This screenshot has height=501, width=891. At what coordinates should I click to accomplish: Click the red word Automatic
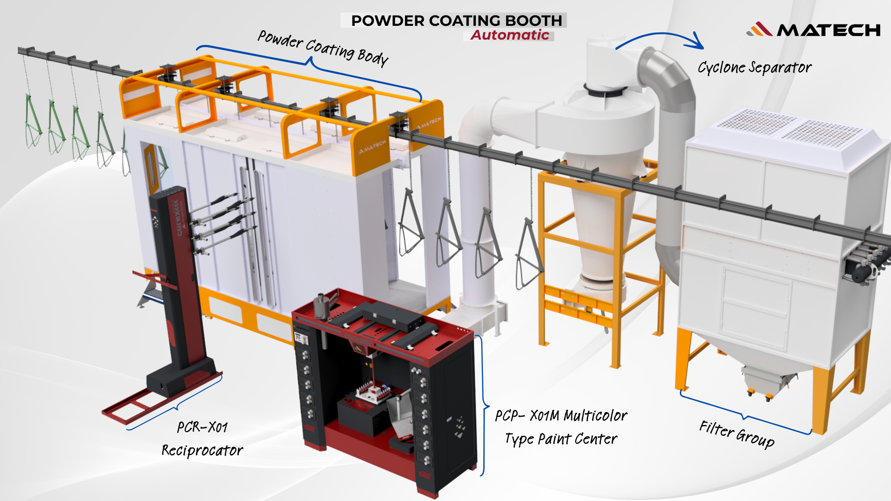(510, 35)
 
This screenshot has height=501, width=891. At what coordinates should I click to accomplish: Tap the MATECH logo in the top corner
(813, 30)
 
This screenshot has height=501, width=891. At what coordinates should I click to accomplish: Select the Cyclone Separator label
(754, 68)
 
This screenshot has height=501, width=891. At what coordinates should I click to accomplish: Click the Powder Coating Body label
(323, 48)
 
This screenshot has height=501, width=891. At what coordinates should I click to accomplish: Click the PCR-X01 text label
(202, 428)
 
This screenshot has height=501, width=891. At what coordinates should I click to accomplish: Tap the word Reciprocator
(202, 450)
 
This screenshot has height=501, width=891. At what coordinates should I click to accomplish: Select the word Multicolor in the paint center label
(596, 416)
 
